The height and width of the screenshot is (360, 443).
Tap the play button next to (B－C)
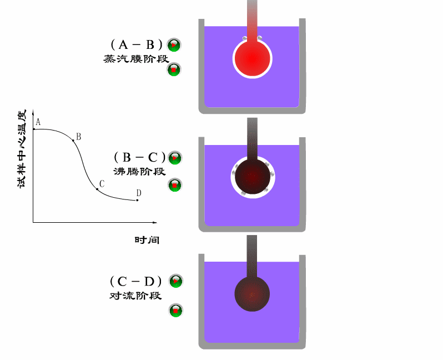tap(175, 158)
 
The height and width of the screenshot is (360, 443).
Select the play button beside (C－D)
tap(175, 281)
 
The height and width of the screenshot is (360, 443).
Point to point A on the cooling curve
tap(34, 129)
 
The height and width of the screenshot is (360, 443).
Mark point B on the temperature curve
tap(73, 141)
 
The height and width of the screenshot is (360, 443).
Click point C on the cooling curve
tap(97, 189)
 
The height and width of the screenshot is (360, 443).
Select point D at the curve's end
tap(137, 200)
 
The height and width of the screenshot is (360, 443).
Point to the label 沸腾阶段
tap(139, 172)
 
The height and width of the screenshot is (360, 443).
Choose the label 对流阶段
tap(136, 296)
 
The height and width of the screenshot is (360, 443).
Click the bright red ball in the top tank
tap(253, 57)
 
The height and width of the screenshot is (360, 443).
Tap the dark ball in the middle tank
tap(252, 175)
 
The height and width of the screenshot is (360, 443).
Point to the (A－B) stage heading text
tap(136, 44)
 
